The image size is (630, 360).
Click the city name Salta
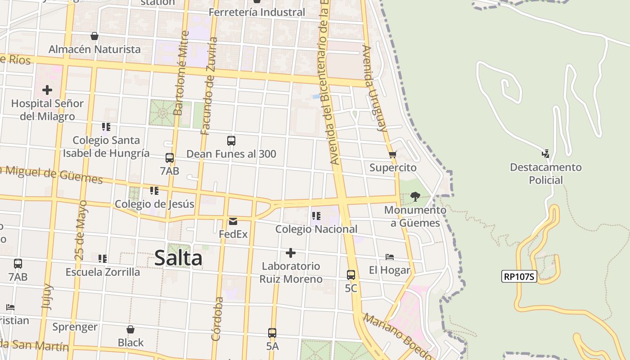click(x=178, y=258)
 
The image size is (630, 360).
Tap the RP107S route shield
click(x=519, y=276)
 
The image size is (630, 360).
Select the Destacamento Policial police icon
click(x=545, y=154)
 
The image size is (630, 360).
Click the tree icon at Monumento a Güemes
click(x=415, y=196)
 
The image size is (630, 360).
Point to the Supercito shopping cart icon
click(x=392, y=155)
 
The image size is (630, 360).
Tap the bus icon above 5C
click(x=351, y=274)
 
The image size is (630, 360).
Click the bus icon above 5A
click(x=272, y=333)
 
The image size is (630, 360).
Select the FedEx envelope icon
click(x=233, y=221)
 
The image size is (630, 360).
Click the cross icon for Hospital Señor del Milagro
click(x=47, y=90)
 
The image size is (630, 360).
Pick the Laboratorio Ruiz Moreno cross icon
click(x=291, y=253)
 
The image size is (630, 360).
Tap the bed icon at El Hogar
click(x=390, y=257)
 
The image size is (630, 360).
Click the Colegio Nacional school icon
click(x=316, y=216)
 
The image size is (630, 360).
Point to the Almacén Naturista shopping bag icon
click(x=94, y=36)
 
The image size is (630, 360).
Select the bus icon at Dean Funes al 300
click(x=231, y=141)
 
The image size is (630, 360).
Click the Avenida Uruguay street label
click(x=375, y=88)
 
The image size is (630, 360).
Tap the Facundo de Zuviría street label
click(x=209, y=85)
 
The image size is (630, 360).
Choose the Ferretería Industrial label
click(x=257, y=12)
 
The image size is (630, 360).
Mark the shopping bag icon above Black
click(x=130, y=329)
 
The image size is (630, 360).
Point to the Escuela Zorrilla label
click(x=103, y=272)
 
